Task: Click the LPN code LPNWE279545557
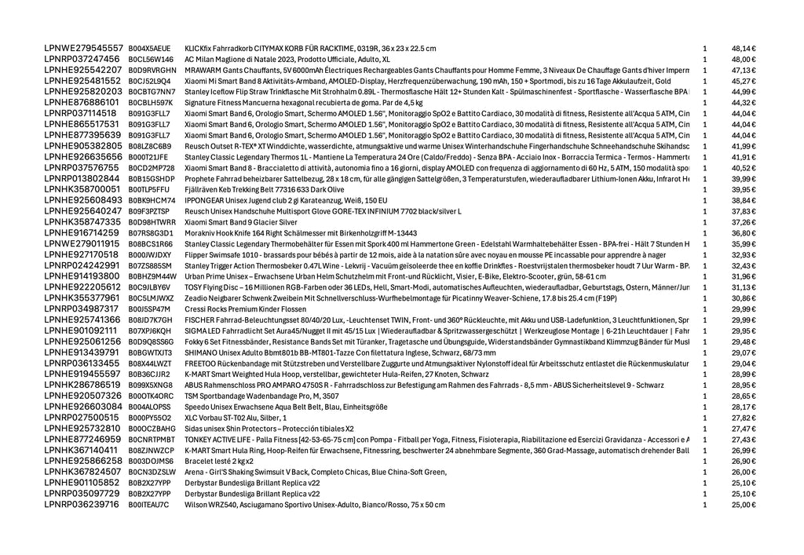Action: click(x=83, y=48)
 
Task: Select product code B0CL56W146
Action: click(x=151, y=59)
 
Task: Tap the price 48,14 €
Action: click(x=744, y=48)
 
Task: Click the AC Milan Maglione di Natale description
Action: click(x=287, y=59)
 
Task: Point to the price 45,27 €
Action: click(x=744, y=81)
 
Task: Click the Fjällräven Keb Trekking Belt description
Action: click(x=264, y=189)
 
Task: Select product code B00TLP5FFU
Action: click(x=148, y=189)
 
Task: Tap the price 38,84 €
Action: click(x=744, y=200)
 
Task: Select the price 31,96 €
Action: click(x=744, y=276)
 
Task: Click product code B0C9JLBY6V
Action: click(x=150, y=287)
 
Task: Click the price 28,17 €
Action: click(x=744, y=407)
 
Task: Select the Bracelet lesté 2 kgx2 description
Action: click(x=217, y=461)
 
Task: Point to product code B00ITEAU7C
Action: click(x=148, y=505)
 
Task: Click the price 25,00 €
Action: click(x=744, y=505)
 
